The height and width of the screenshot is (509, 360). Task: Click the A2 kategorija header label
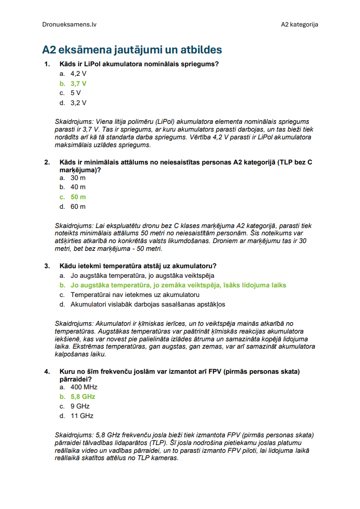pos(299,24)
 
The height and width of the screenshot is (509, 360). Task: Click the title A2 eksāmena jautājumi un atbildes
pos(132,49)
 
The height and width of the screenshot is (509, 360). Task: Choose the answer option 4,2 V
pos(78,74)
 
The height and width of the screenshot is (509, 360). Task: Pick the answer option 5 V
pos(75,93)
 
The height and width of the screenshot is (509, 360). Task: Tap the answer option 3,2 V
pos(78,103)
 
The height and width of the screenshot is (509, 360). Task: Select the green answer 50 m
pos(78,197)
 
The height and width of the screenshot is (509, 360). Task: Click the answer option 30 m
pos(78,177)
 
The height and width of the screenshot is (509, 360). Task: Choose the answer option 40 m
pos(78,187)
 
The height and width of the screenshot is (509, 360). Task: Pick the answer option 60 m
pos(78,207)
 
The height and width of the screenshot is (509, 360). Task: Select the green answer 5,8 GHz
pos(83,397)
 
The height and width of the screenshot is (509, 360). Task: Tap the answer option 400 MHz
pos(84,387)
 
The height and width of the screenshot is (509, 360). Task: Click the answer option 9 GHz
pos(80,406)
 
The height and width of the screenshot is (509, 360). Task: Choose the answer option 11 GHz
pos(82,416)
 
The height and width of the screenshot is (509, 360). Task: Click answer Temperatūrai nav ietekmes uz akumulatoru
pos(135,295)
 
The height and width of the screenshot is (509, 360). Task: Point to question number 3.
pos(47,266)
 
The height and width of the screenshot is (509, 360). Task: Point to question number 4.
pos(47,371)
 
